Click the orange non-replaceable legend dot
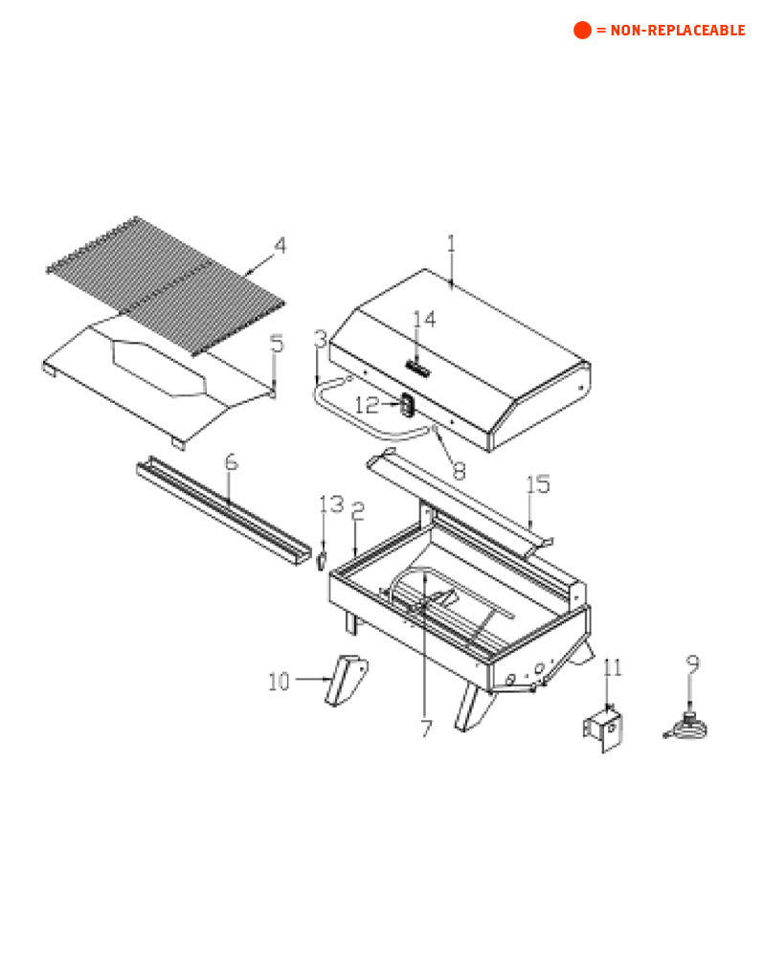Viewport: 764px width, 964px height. click(x=582, y=30)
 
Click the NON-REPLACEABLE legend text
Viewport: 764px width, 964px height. click(x=670, y=31)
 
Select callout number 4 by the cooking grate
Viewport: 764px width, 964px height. click(x=280, y=246)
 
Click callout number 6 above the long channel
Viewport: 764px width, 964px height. click(x=230, y=462)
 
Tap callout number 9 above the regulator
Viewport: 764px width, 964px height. click(x=692, y=662)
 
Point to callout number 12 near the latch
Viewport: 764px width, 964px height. click(x=368, y=406)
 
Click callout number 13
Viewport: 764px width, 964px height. click(x=330, y=504)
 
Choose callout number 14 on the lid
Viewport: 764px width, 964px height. click(x=424, y=320)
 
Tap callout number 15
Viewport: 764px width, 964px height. click(x=538, y=484)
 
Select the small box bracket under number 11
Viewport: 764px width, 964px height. click(x=605, y=729)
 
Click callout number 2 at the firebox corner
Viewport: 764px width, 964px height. click(x=357, y=511)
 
